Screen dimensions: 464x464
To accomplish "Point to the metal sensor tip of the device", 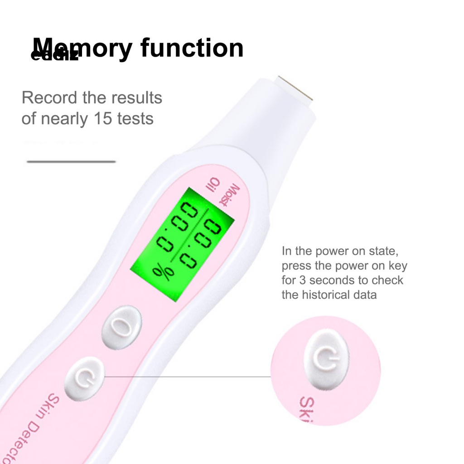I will [x=294, y=89].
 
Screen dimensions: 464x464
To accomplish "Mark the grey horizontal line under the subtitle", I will [x=71, y=161].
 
